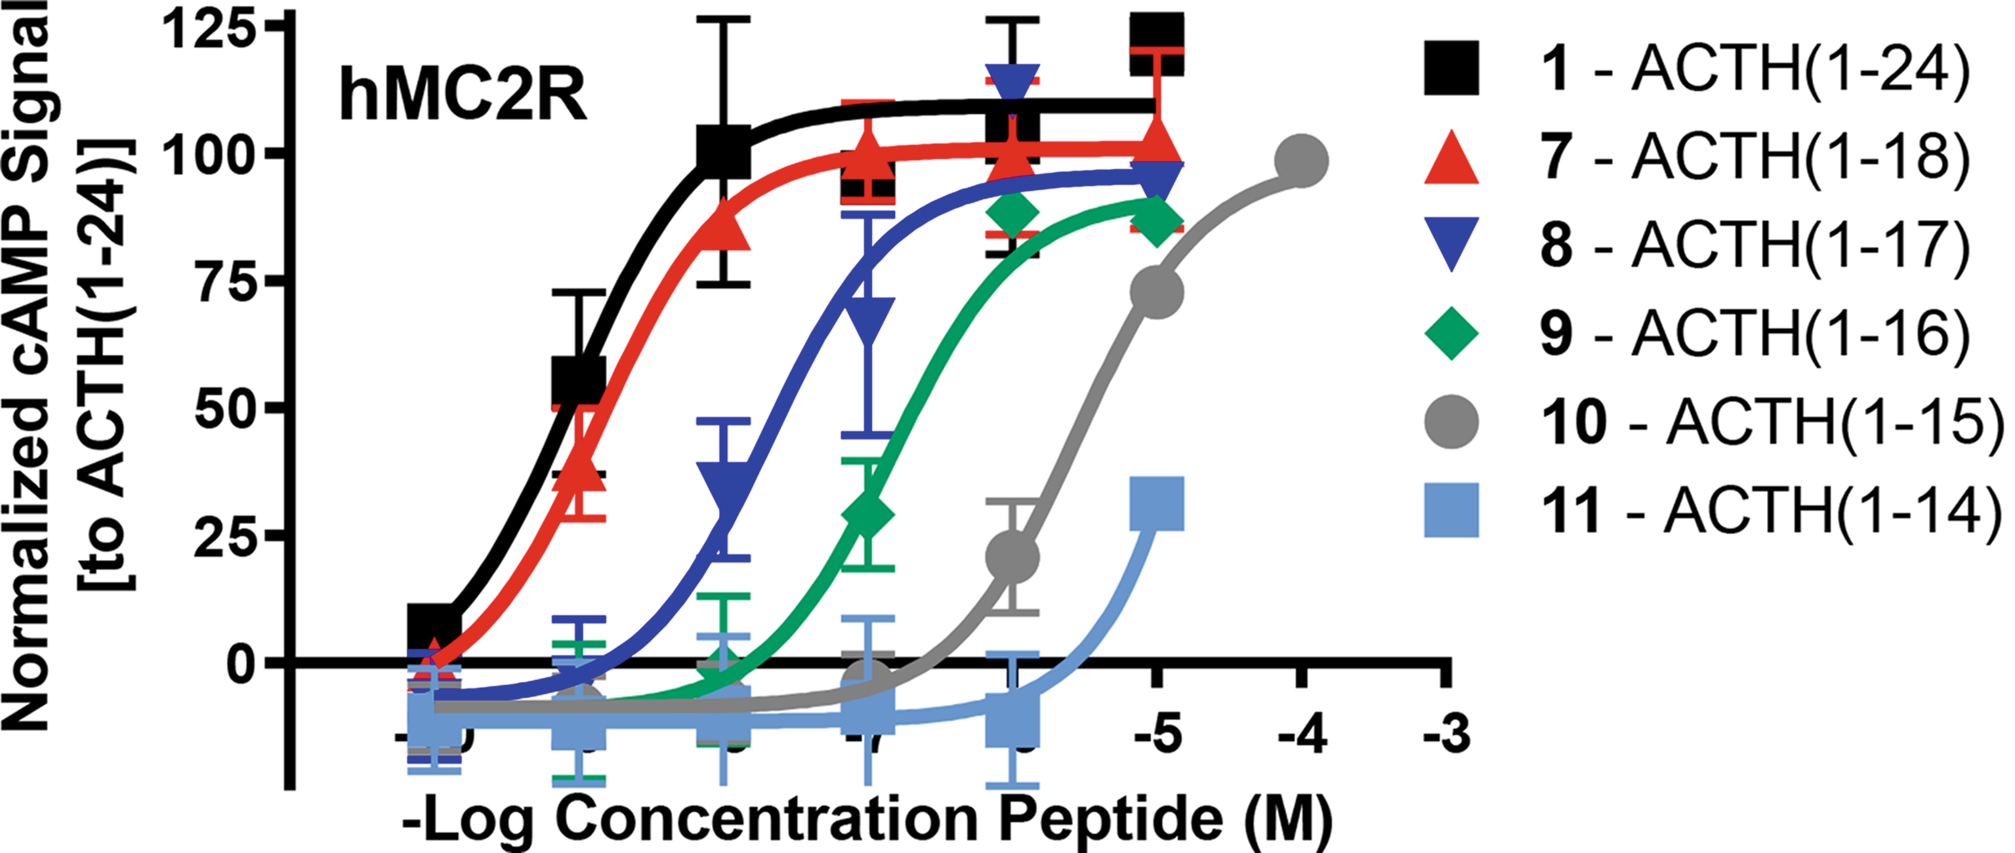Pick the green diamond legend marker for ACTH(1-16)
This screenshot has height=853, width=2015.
pyautogui.click(x=1451, y=333)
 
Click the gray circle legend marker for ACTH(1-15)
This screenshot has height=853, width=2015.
pyautogui.click(x=1451, y=422)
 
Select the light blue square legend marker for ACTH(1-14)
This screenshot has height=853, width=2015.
pyautogui.click(x=1451, y=509)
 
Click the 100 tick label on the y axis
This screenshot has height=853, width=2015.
pyautogui.click(x=209, y=155)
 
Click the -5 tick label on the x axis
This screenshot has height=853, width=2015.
pyautogui.click(x=1157, y=734)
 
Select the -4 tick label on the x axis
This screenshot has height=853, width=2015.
pyautogui.click(x=1302, y=734)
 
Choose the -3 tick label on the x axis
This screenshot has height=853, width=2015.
pyautogui.click(x=1447, y=734)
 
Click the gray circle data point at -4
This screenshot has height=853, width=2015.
pyautogui.click(x=1302, y=161)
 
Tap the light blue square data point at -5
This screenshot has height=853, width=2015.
pyautogui.click(x=1157, y=504)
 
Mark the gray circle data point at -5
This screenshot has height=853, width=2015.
pyautogui.click(x=1157, y=292)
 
